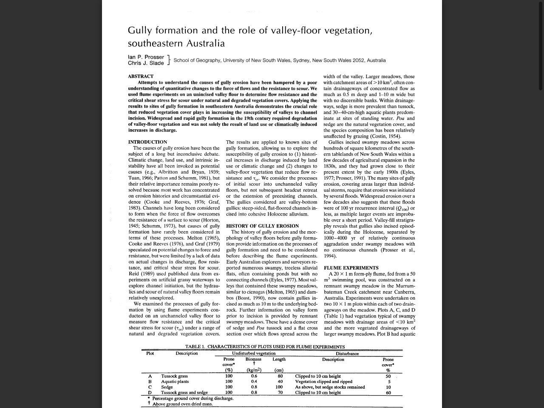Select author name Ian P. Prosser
tap(146, 57)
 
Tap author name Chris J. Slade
tap(146, 63)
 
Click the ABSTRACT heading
tap(141, 76)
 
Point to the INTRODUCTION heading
tap(147, 142)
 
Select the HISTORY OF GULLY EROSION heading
tap(262, 226)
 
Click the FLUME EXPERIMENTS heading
tap(351, 268)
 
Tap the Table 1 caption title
tap(265, 347)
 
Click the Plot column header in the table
tap(150, 354)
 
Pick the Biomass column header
tap(253, 360)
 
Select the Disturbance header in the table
tap(347, 354)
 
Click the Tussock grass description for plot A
tap(174, 376)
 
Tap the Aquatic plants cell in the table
tap(175, 382)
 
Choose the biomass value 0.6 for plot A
tap(254, 376)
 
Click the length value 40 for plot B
tap(280, 382)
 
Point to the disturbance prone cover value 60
tap(388, 393)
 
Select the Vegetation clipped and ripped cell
tap(323, 382)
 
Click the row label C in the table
tap(150, 387)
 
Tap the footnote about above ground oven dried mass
tap(182, 404)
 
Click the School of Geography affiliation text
tap(280, 60)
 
